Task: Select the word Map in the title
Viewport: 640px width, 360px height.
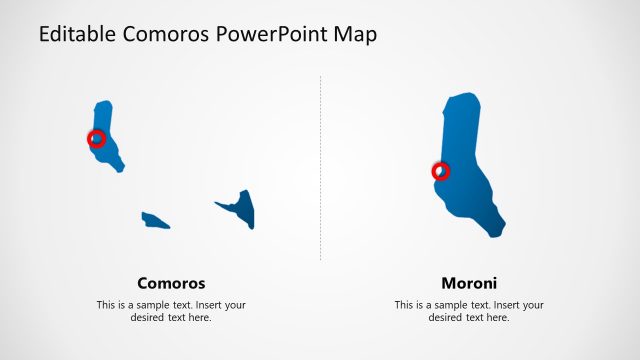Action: coord(356,35)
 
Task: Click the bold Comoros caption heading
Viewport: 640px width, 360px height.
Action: coord(171,283)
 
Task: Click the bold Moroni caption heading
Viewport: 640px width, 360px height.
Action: coord(469,283)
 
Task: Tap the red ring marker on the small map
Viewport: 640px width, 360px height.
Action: coord(97,139)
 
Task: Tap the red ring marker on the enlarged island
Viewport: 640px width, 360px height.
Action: coord(440,171)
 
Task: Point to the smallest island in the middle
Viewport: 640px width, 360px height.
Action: coord(155,220)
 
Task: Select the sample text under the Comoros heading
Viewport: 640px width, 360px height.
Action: coord(171,311)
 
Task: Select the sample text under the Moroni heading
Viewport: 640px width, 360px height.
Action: coord(469,311)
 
